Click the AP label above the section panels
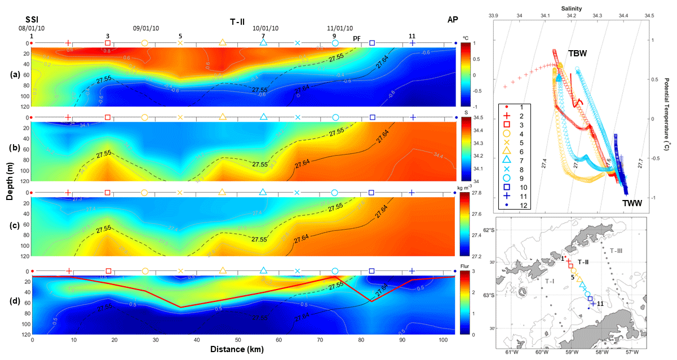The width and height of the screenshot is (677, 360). (x=452, y=19)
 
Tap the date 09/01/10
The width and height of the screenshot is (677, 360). (x=146, y=28)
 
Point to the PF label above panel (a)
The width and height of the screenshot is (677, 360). (x=357, y=38)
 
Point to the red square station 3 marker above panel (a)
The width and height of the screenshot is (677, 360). (x=108, y=43)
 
